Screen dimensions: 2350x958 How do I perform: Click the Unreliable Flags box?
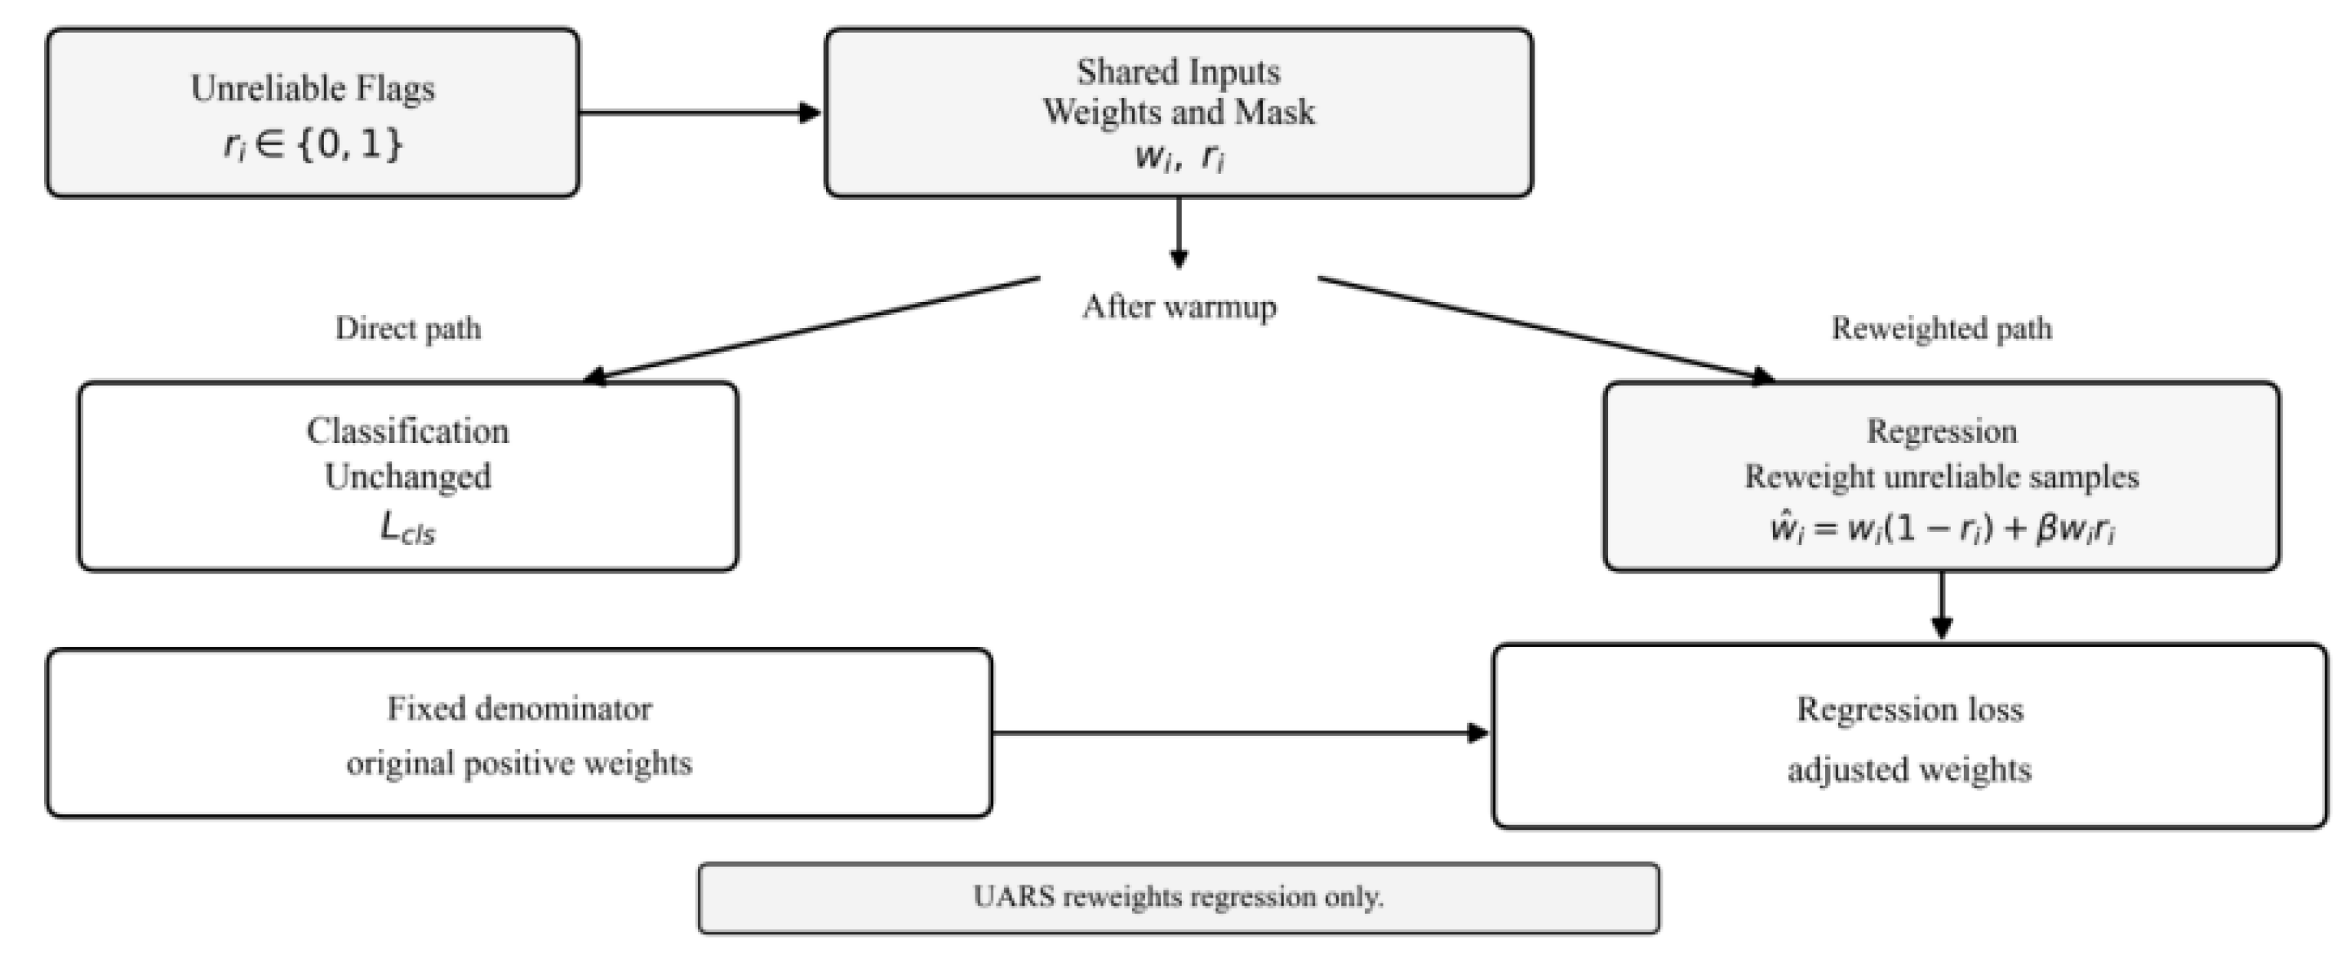(313, 113)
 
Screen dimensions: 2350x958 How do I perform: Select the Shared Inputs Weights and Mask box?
(1179, 113)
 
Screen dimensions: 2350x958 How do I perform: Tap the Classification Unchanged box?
(408, 477)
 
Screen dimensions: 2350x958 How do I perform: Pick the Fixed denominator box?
(519, 733)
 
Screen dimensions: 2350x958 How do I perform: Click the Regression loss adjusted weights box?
(1909, 736)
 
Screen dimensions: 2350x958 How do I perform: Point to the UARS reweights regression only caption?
(1179, 898)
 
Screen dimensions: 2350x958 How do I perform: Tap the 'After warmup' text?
(1179, 307)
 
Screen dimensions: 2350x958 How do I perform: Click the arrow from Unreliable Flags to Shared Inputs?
(700, 113)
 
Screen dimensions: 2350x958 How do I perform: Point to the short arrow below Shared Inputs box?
(1179, 233)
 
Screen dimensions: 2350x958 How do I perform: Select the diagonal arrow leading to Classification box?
(812, 330)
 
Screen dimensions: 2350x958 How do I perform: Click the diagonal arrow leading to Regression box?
(1546, 330)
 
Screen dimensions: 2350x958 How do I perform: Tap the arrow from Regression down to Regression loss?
(1942, 605)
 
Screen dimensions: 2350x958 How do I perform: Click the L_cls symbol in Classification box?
(408, 529)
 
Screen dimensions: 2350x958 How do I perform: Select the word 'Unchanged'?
(408, 477)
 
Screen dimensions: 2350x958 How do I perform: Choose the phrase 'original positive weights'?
(519, 763)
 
